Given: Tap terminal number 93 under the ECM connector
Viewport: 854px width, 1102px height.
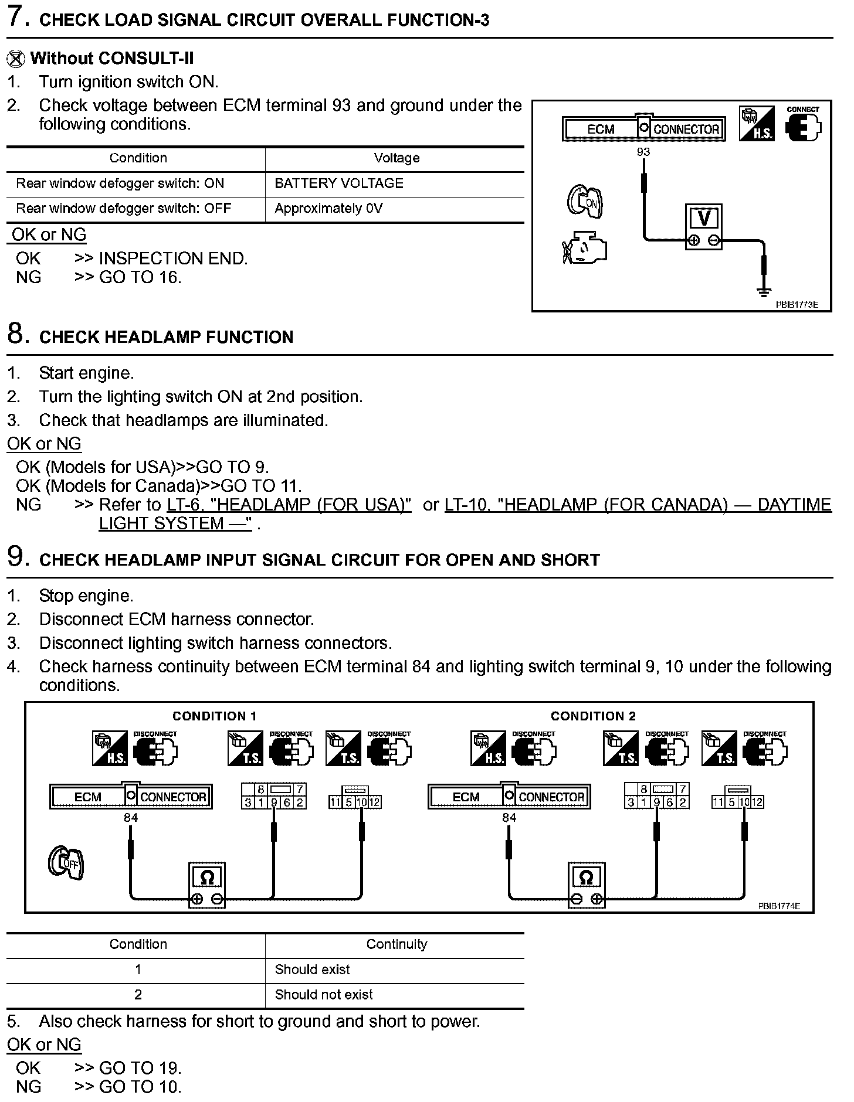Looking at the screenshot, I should [643, 152].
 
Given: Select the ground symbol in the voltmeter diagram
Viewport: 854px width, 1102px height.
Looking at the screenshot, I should [763, 291].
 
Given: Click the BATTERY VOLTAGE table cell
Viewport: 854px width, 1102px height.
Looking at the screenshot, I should [339, 183].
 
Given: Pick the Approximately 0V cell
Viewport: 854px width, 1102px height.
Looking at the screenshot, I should [328, 209].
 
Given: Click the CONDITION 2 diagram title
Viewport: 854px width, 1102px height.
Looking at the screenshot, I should [593, 716].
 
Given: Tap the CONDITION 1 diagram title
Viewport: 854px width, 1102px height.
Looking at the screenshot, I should [214, 716].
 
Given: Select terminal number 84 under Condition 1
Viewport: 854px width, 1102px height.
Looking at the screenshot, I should [131, 817].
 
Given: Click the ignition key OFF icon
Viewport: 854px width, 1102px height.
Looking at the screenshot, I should [66, 863].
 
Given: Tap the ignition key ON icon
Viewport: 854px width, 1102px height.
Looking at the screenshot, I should [585, 202].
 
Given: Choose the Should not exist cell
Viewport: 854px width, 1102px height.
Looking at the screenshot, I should [324, 995].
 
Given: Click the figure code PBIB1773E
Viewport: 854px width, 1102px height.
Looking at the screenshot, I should [797, 305].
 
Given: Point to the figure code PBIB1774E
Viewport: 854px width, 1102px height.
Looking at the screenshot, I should [778, 906].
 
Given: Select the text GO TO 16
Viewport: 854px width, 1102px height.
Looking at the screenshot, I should [140, 277].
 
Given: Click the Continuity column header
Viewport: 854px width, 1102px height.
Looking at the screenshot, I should [396, 944].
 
